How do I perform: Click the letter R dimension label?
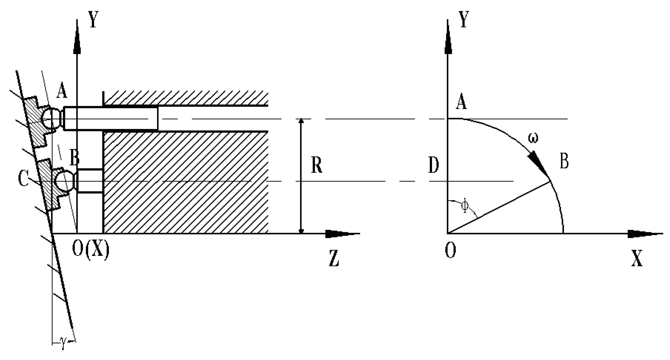click(x=316, y=166)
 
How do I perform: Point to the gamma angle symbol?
click(x=63, y=344)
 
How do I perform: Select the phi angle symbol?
click(x=466, y=206)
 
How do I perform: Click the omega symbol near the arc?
click(x=532, y=138)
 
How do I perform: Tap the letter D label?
click(x=433, y=166)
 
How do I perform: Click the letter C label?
click(x=23, y=178)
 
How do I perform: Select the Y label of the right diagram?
click(x=464, y=20)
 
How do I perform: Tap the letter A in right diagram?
click(x=461, y=102)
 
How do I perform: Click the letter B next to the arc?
click(x=564, y=161)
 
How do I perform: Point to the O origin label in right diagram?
click(x=450, y=250)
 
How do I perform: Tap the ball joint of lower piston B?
click(x=64, y=181)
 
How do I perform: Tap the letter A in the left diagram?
click(x=61, y=91)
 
